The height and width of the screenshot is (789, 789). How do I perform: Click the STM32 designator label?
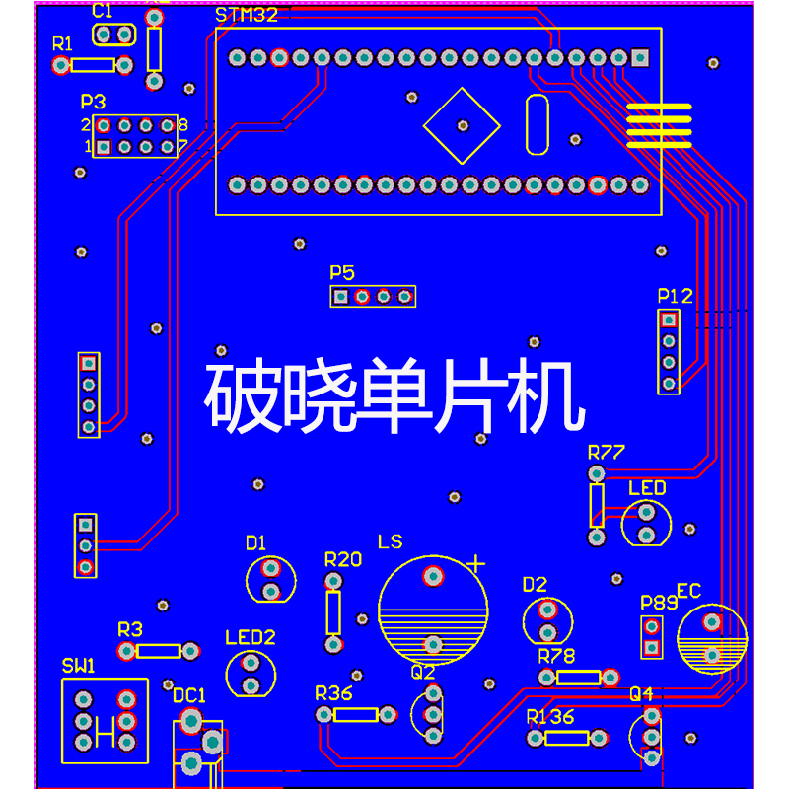click(x=247, y=15)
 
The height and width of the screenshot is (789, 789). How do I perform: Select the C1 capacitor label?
click(x=103, y=12)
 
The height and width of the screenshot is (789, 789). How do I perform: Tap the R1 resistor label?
click(x=63, y=44)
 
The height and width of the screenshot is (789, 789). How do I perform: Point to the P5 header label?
click(x=342, y=272)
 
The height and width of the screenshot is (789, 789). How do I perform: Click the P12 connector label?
click(x=675, y=296)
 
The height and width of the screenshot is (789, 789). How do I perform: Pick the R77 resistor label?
click(x=607, y=454)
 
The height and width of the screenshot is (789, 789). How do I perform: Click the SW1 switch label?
click(x=79, y=667)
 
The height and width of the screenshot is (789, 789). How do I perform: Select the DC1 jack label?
click(x=189, y=695)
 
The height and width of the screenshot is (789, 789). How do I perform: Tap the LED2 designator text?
click(x=250, y=637)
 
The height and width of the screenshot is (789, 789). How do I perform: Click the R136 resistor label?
click(x=550, y=717)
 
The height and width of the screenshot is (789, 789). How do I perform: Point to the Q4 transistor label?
click(x=641, y=693)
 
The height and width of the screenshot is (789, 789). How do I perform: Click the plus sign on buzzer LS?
click(x=476, y=564)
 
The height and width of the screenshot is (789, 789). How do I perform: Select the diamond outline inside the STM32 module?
click(x=462, y=125)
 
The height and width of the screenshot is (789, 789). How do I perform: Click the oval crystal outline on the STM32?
click(x=537, y=125)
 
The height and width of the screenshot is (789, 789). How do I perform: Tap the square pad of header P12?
click(x=670, y=320)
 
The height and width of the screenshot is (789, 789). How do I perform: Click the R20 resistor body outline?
click(x=333, y=612)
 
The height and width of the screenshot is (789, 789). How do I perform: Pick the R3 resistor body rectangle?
click(x=159, y=651)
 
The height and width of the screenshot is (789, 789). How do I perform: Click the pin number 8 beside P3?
click(x=183, y=126)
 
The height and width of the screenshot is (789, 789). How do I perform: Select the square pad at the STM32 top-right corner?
click(x=640, y=58)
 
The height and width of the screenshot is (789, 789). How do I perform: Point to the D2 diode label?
click(x=535, y=585)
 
